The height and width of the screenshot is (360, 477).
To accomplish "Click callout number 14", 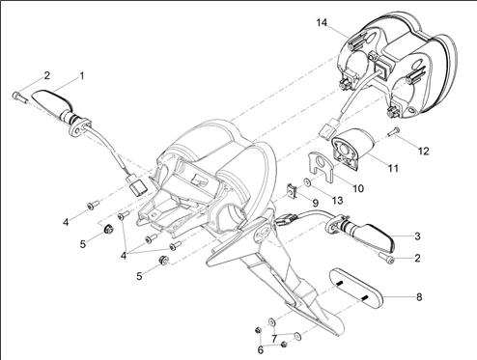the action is tap(322, 22).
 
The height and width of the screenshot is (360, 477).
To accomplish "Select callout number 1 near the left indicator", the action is tap(82, 76).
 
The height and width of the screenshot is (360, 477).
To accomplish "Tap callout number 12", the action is tap(424, 151).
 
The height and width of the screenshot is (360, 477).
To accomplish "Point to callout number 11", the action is tap(393, 168).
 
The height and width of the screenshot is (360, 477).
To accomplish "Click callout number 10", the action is tap(358, 188).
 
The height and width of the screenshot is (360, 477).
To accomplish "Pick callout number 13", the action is tap(337, 201).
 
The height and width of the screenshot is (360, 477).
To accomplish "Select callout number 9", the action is tap(315, 203).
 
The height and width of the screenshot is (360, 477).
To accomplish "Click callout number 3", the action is tap(417, 236).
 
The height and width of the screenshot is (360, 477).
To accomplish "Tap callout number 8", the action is tap(419, 296).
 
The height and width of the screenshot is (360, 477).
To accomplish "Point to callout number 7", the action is tap(274, 339).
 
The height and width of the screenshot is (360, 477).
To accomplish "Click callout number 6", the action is tap(261, 349).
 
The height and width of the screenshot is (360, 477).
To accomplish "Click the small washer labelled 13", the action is tap(307, 182).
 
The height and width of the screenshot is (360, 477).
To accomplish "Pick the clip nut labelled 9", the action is tap(292, 191).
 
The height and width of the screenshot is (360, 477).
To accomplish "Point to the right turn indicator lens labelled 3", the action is tap(374, 237).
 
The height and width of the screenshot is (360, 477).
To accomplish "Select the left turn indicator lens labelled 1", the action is tap(51, 101).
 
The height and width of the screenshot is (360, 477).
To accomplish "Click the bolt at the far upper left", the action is tap(18, 97).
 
